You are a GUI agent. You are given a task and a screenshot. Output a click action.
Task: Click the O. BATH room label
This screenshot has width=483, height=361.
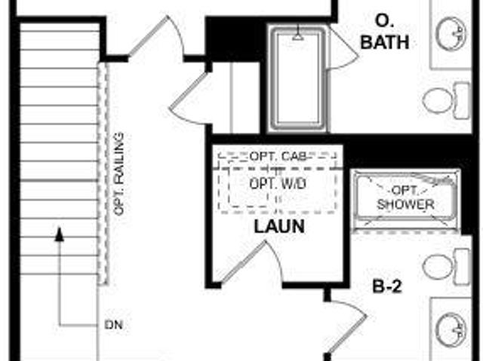click(384, 32)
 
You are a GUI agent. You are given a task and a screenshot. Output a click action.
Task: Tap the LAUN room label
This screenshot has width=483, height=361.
click(279, 227)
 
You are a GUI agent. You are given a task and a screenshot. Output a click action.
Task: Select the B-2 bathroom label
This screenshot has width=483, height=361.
click(387, 286)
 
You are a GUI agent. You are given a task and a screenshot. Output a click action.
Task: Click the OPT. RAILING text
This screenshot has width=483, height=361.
click(118, 174)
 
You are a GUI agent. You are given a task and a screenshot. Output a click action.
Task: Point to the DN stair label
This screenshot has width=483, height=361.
click(114, 325)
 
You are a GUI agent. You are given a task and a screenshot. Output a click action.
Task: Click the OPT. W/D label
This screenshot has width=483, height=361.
click(278, 184)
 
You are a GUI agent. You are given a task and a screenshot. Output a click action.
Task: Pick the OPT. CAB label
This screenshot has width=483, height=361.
click(278, 157)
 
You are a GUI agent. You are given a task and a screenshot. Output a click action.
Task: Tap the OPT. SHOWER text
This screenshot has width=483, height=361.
click(406, 197)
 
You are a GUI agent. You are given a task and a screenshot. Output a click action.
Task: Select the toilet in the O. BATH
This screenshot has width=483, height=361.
click(446, 100)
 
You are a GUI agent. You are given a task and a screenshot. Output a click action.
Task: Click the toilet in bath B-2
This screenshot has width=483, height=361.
click(446, 266)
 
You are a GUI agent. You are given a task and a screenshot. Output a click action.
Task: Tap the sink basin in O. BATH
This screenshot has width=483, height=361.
click(451, 33)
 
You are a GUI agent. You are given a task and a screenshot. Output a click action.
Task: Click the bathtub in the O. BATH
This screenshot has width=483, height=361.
click(298, 78)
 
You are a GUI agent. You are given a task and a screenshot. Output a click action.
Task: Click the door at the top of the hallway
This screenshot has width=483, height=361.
click(155, 36)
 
